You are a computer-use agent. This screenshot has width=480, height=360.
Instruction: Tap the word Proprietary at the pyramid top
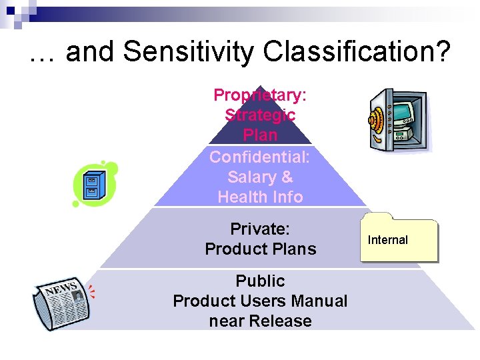[259, 95]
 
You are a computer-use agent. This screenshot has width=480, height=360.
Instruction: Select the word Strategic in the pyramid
[260, 115]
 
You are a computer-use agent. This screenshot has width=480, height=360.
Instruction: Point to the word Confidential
[259, 157]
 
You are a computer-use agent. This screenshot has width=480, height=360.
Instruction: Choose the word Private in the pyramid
[259, 229]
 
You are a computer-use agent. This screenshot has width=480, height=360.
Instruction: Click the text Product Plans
[260, 249]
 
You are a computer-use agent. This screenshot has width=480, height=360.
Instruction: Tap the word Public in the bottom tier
[260, 281]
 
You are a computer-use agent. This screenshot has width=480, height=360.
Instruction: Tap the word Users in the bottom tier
[277, 301]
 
